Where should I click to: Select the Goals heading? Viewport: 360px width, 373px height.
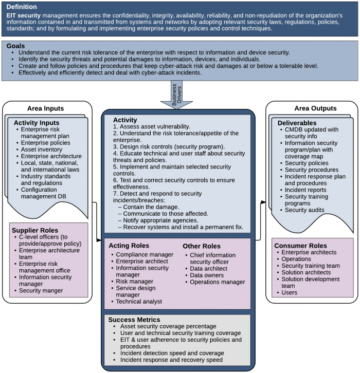pos(16,46)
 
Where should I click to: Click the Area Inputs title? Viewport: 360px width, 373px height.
pos(45,108)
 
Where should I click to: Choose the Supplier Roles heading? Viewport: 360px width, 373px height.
pos(36,230)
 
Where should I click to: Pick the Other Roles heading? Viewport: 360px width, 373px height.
pos(202,246)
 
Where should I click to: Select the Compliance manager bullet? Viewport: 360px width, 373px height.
pos(145,255)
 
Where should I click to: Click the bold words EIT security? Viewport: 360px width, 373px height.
pos(23,15)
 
